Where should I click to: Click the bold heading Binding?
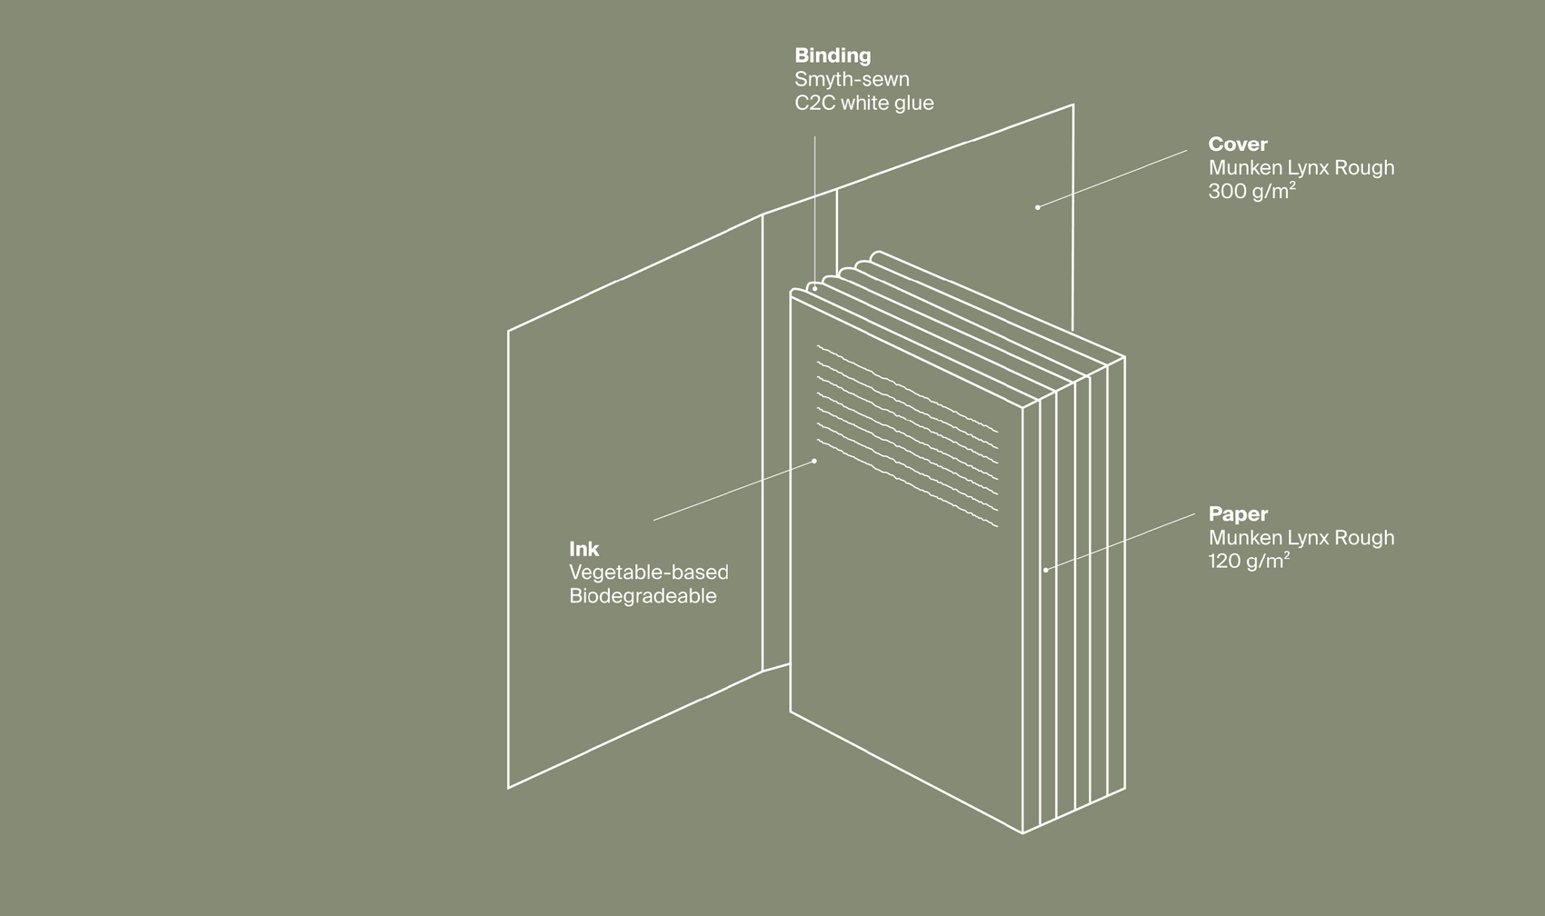click(832, 55)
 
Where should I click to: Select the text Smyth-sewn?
click(852, 79)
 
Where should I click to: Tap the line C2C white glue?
click(864, 103)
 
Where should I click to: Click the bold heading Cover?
click(1238, 144)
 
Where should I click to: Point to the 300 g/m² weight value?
click(1251, 191)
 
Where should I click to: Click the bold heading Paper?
click(1238, 513)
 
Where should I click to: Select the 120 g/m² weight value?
click(1249, 561)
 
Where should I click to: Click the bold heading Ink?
click(583, 549)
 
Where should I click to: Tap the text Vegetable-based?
click(648, 572)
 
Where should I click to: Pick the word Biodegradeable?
click(643, 596)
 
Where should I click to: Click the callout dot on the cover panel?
click(1037, 207)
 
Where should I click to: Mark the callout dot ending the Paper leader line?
click(1046, 570)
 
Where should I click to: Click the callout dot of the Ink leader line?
click(814, 461)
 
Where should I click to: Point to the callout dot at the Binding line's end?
click(814, 289)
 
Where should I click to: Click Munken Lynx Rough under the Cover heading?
click(1301, 167)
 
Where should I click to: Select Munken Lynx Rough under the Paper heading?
click(1301, 537)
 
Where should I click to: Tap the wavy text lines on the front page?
click(908, 436)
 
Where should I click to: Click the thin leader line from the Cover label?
click(1111, 179)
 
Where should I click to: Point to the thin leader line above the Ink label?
click(734, 491)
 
